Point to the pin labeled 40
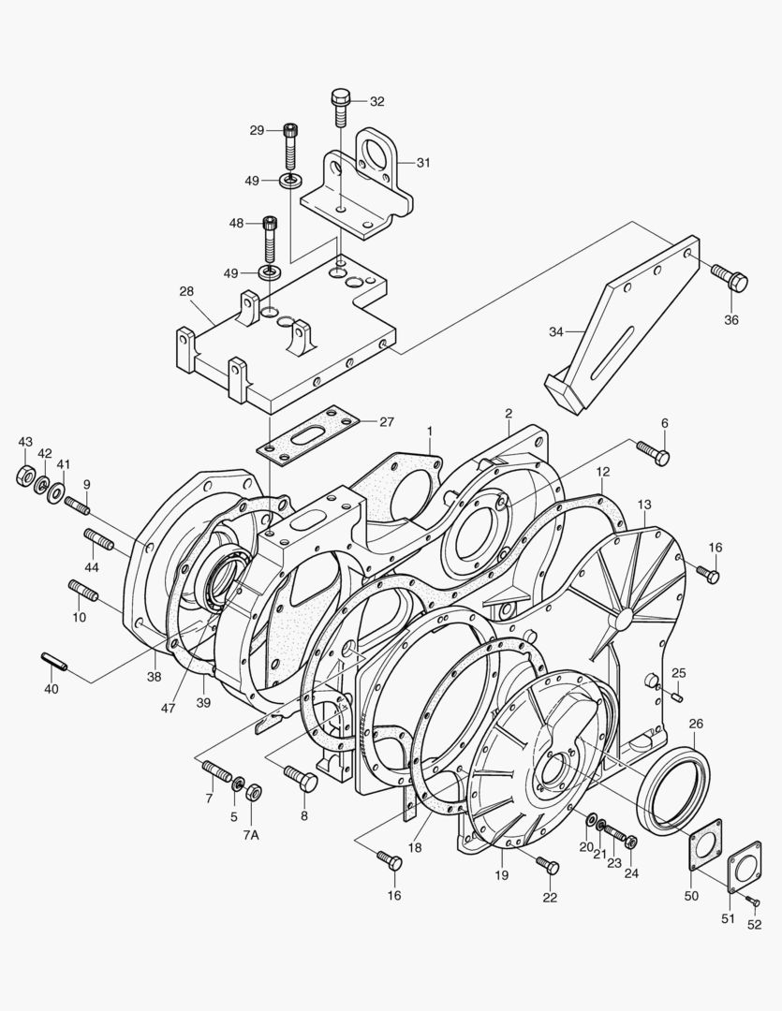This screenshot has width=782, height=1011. [x=52, y=662]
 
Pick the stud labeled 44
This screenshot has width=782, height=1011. [x=98, y=540]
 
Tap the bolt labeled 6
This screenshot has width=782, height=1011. [x=653, y=452]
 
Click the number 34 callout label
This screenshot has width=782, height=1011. [x=556, y=331]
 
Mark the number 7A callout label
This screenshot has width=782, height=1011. [x=252, y=834]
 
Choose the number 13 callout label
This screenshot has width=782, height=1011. [x=644, y=505]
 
